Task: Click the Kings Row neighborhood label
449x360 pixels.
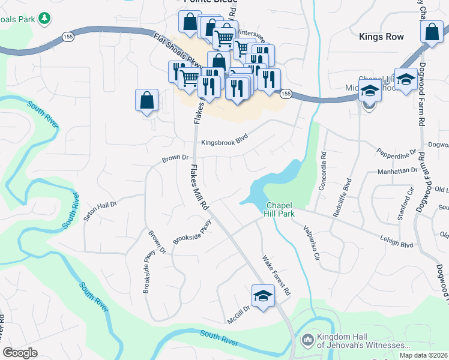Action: tap(381, 37)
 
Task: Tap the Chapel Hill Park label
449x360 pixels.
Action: tap(279, 209)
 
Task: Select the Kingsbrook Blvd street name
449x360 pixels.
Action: tap(224, 142)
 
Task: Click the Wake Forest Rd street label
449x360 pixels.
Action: tap(276, 275)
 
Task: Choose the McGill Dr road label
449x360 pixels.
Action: tap(238, 314)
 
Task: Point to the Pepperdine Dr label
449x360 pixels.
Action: tap(396, 154)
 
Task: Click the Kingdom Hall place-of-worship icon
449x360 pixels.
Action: tap(307, 340)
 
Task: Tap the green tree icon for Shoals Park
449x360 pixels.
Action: tap(44, 19)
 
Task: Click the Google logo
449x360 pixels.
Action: tap(20, 353)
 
